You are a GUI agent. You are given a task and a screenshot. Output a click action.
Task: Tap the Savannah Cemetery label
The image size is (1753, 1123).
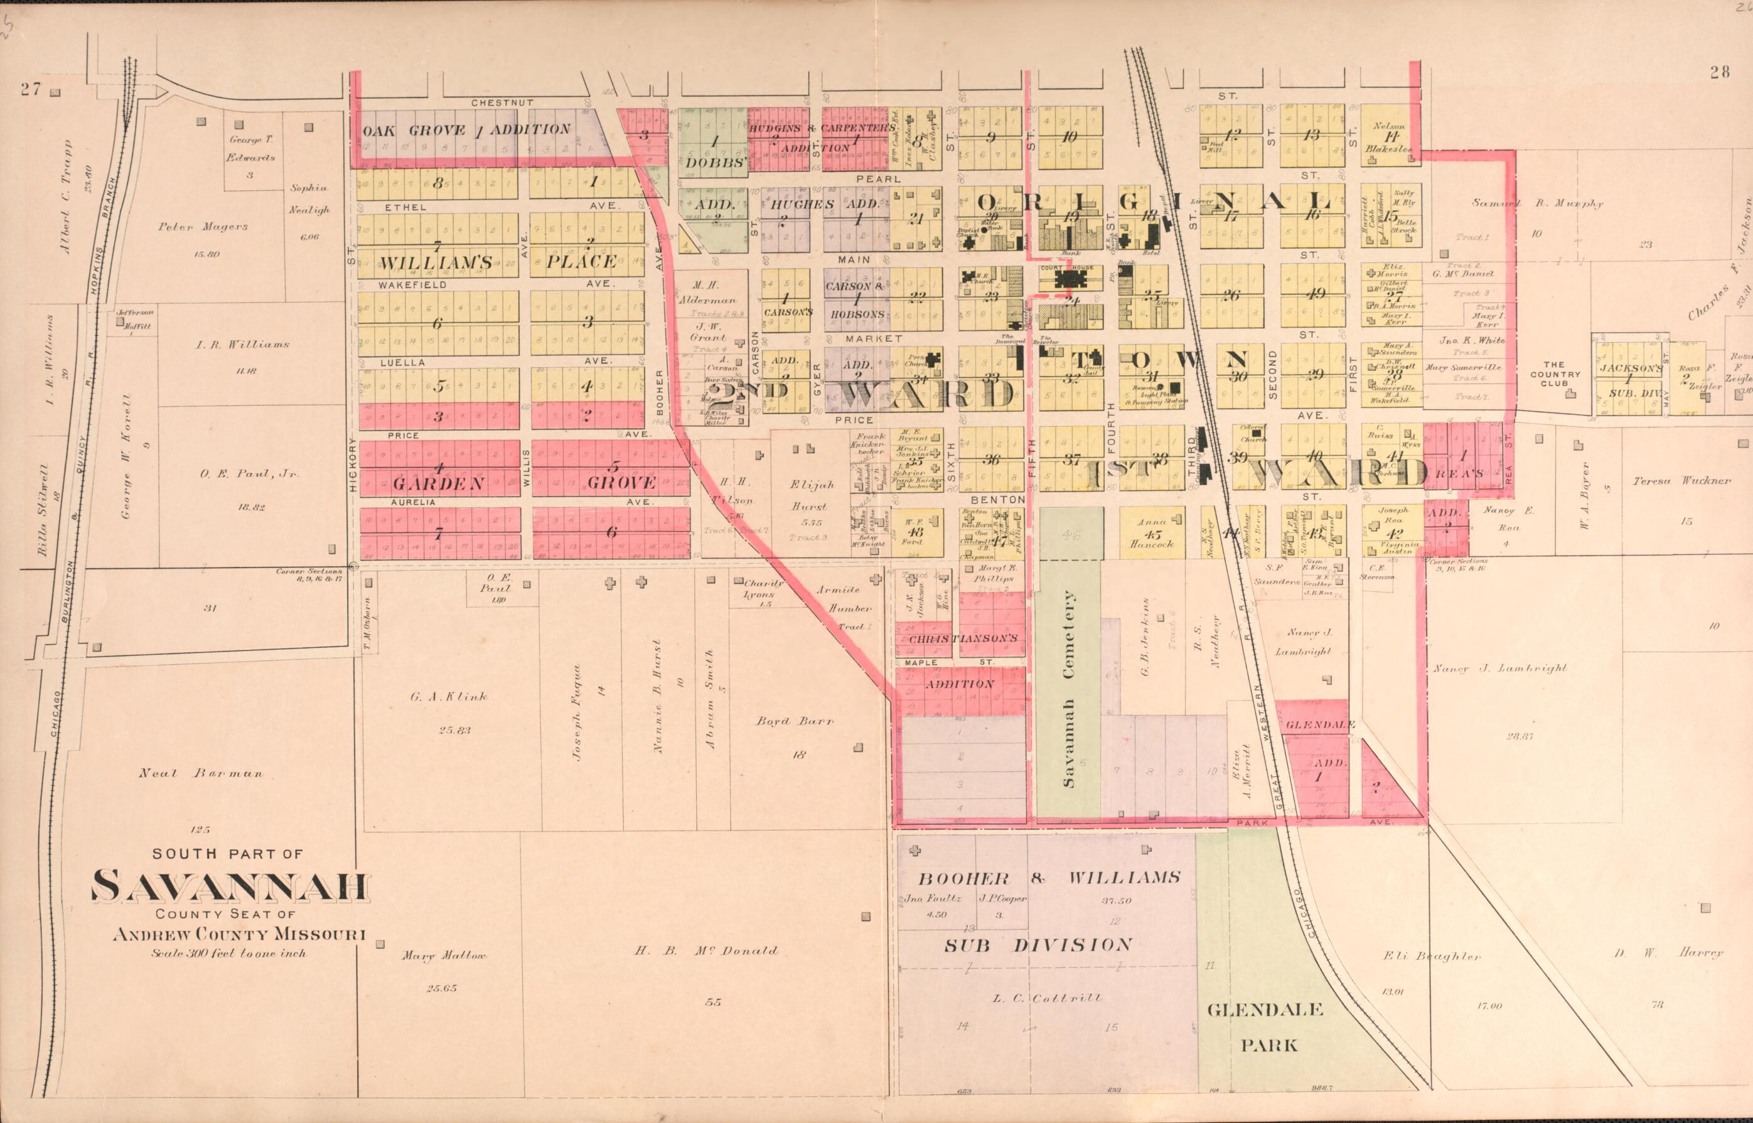(1069, 689)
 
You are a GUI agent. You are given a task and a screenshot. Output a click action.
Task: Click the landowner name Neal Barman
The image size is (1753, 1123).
(200, 774)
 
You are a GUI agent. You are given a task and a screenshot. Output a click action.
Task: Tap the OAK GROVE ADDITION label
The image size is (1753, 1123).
(466, 131)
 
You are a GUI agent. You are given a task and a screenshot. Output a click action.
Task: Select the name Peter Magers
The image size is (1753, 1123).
(203, 227)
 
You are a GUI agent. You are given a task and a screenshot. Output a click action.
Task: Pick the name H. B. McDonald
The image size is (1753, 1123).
(705, 950)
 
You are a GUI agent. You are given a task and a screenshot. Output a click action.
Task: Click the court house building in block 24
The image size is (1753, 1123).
(1070, 279)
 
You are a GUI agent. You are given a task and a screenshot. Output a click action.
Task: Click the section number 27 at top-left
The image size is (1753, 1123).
(31, 90)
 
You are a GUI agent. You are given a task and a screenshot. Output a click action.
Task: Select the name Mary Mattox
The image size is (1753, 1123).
(443, 955)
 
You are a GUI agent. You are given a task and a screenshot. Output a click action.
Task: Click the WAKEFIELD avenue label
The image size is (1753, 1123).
(412, 285)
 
